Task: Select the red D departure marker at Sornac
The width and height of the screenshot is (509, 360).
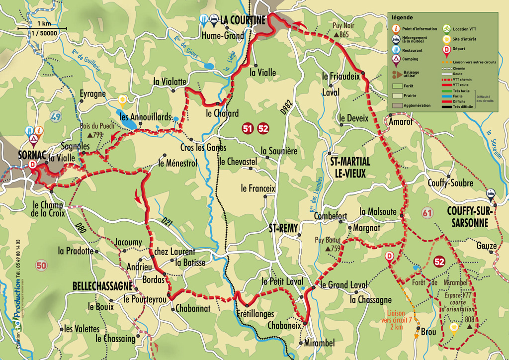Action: (33, 165)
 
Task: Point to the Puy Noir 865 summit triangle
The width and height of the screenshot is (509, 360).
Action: (337, 35)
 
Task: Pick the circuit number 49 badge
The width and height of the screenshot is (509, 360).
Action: (56, 117)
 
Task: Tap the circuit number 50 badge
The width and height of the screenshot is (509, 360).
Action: (41, 266)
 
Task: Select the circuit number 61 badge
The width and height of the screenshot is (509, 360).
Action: (426, 214)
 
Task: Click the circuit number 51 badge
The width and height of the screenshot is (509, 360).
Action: (248, 129)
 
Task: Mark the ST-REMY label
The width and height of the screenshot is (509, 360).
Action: (283, 228)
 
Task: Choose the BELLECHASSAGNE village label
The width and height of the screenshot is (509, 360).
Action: (102, 287)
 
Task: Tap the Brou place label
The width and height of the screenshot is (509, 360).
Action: (428, 331)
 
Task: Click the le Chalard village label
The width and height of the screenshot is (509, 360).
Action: (222, 113)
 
